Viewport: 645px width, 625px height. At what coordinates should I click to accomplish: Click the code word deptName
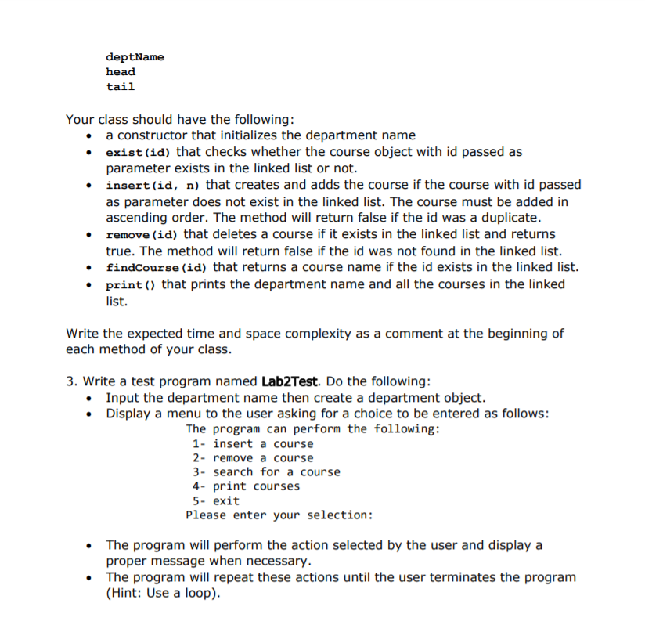pos(135,57)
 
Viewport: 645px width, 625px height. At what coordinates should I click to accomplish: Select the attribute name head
pos(121,72)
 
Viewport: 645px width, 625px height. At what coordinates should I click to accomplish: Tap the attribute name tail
pos(121,87)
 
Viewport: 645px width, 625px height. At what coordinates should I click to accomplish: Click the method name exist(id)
pos(139,152)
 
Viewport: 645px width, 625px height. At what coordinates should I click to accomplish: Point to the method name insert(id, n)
pos(153,185)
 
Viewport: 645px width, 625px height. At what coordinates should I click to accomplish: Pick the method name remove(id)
pos(142,234)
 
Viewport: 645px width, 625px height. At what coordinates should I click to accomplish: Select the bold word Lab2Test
pos(289,381)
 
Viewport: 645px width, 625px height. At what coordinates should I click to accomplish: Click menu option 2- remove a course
pos(252,457)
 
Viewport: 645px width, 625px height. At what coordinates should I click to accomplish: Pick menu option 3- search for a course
pos(266,471)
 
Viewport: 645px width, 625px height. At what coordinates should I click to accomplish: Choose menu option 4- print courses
pos(246,486)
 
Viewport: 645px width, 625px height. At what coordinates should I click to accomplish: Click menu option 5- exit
pos(215,500)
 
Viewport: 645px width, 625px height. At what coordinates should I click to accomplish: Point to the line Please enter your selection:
pos(279,515)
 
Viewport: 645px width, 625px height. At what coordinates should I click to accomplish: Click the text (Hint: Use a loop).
pos(164,593)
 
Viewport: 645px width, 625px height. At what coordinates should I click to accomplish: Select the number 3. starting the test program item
pos(71,381)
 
